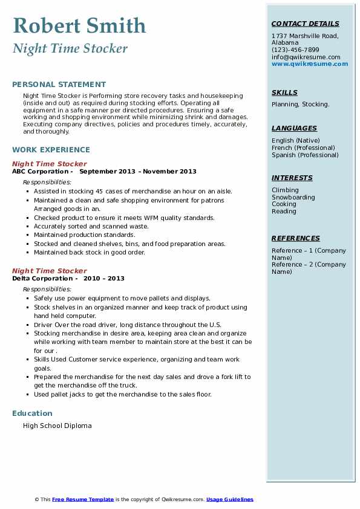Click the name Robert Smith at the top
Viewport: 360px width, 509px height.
pyautogui.click(x=79, y=26)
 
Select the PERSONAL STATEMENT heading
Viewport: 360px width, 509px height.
pyautogui.click(x=59, y=85)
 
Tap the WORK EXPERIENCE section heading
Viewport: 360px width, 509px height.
pyautogui.click(x=51, y=150)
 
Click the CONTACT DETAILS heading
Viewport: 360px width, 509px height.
pyautogui.click(x=306, y=24)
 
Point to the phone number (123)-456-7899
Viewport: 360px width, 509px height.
pyautogui.click(x=295, y=50)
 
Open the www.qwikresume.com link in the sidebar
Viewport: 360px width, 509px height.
pyautogui.click(x=306, y=64)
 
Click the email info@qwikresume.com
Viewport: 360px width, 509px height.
pyautogui.click(x=306, y=57)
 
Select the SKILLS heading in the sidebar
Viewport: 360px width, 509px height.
pyautogui.click(x=284, y=93)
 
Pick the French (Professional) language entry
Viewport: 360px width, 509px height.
pyautogui.click(x=303, y=148)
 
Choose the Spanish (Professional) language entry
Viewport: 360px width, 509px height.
pyautogui.click(x=305, y=155)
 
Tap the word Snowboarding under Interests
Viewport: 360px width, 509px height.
pyautogui.click(x=293, y=198)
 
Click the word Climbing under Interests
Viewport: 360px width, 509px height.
pyautogui.click(x=285, y=190)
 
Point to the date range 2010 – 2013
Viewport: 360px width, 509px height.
pyautogui.click(x=104, y=279)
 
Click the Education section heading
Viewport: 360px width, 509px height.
pyautogui.click(x=32, y=413)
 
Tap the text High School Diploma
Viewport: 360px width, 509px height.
pyautogui.click(x=57, y=426)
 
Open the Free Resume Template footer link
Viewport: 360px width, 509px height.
pyautogui.click(x=83, y=500)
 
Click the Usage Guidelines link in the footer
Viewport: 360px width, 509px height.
pyautogui.click(x=230, y=500)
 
